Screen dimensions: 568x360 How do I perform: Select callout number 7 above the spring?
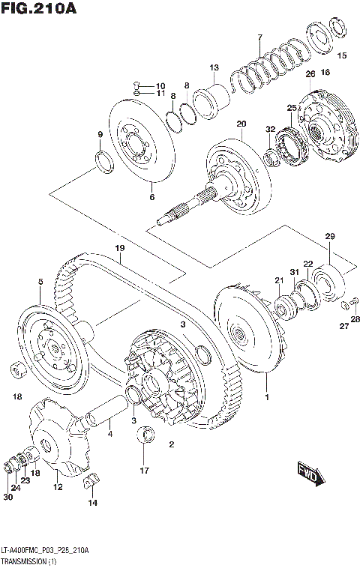pyautogui.click(x=259, y=37)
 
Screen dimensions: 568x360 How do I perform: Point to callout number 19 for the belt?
pyautogui.click(x=118, y=248)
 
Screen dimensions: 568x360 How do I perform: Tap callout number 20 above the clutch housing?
pyautogui.click(x=241, y=124)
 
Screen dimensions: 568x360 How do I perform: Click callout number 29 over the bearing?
pyautogui.click(x=328, y=237)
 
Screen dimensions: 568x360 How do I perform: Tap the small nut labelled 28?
pyautogui.click(x=346, y=306)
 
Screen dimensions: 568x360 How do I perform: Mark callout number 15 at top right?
pyautogui.click(x=341, y=55)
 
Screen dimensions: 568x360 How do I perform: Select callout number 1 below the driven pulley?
pyautogui.click(x=266, y=391)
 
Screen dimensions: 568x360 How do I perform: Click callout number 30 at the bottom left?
pyautogui.click(x=8, y=497)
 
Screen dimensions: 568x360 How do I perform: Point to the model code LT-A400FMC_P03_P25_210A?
pyautogui.click(x=45, y=550)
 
